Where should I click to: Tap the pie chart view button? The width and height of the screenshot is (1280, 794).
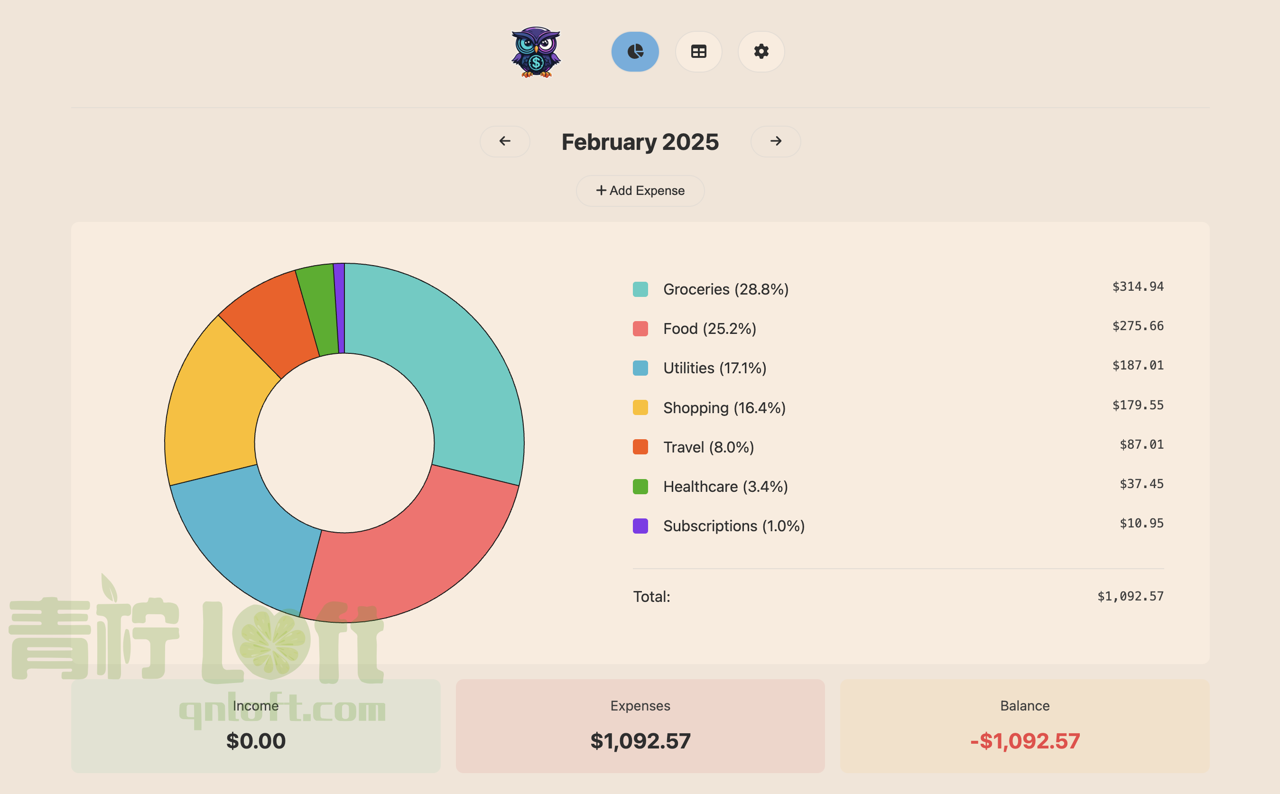click(635, 51)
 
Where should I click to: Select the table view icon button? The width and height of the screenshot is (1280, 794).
click(698, 51)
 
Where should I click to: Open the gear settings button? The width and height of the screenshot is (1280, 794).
click(761, 51)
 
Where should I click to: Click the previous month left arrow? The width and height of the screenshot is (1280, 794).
click(505, 141)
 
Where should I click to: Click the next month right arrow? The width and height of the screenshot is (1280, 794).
click(775, 141)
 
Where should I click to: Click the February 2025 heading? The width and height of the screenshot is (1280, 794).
click(640, 142)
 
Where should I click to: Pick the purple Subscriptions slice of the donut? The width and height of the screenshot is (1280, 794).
click(339, 307)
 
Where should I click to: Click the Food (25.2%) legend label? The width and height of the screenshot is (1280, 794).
click(709, 329)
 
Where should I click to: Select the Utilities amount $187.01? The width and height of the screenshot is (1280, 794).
click(1138, 366)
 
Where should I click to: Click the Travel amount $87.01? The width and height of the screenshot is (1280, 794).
click(1141, 445)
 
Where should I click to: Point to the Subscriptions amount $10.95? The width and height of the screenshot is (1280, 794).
click(1141, 524)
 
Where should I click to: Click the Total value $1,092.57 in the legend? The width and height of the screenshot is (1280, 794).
click(1130, 597)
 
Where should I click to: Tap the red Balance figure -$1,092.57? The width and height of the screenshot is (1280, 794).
click(1025, 741)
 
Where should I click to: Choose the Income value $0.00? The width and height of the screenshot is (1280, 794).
click(256, 741)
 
